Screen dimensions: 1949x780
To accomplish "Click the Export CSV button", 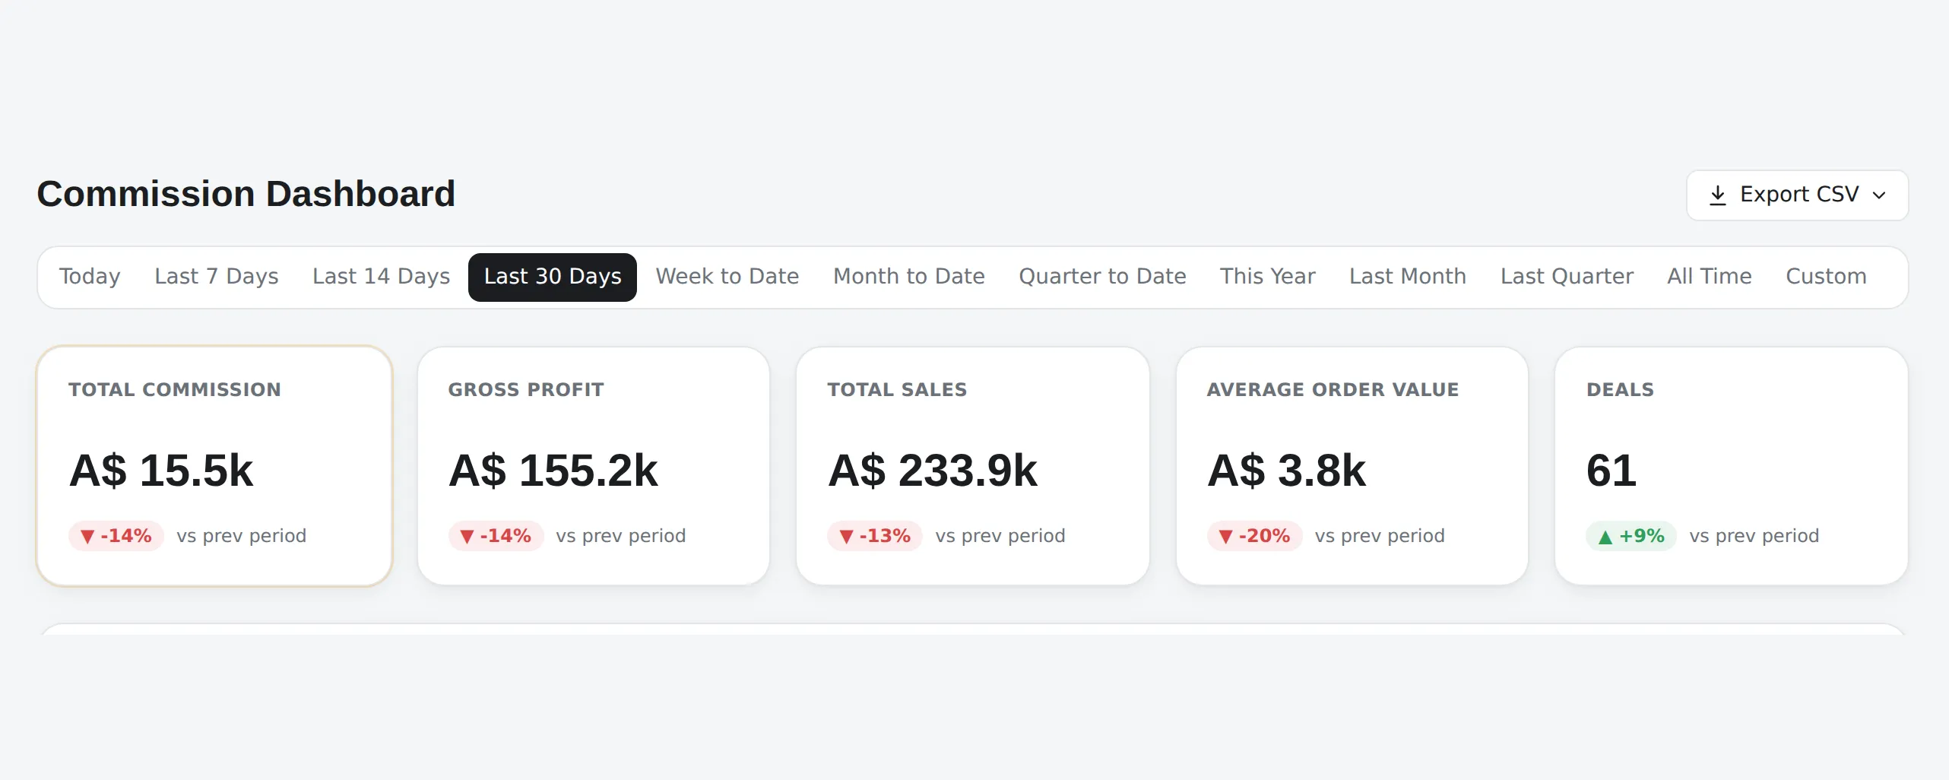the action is pyautogui.click(x=1797, y=195).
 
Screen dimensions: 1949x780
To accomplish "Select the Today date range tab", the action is pyautogui.click(x=90, y=277).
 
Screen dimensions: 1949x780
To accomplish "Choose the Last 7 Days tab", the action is pyautogui.click(x=217, y=277).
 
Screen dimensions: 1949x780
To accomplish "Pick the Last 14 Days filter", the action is pyautogui.click(x=381, y=277).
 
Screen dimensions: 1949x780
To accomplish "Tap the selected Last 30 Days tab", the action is pyautogui.click(x=553, y=277).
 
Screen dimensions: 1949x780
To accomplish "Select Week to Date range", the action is pyautogui.click(x=727, y=277).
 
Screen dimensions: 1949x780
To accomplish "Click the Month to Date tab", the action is pyautogui.click(x=909, y=277).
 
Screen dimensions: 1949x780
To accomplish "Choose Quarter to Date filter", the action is pyautogui.click(x=1102, y=277).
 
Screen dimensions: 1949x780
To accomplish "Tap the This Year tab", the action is pyautogui.click(x=1268, y=277).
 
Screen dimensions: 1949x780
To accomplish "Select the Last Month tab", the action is pyautogui.click(x=1408, y=277).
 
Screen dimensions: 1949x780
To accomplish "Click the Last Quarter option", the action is pyautogui.click(x=1567, y=277).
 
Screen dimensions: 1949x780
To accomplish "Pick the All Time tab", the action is pyautogui.click(x=1710, y=277).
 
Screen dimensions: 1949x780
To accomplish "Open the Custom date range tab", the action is pyautogui.click(x=1826, y=277).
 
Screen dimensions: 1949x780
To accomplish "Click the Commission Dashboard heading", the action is pyautogui.click(x=246, y=194).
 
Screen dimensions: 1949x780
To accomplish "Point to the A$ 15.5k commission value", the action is pyautogui.click(x=161, y=471).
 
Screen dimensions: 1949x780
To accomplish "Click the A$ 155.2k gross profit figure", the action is pyautogui.click(x=553, y=471).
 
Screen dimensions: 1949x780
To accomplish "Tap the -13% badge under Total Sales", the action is pyautogui.click(x=875, y=536).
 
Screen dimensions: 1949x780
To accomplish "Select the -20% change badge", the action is pyautogui.click(x=1255, y=536).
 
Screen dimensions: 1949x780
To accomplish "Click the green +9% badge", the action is pyautogui.click(x=1631, y=536).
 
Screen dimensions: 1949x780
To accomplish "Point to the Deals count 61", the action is pyautogui.click(x=1611, y=471).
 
